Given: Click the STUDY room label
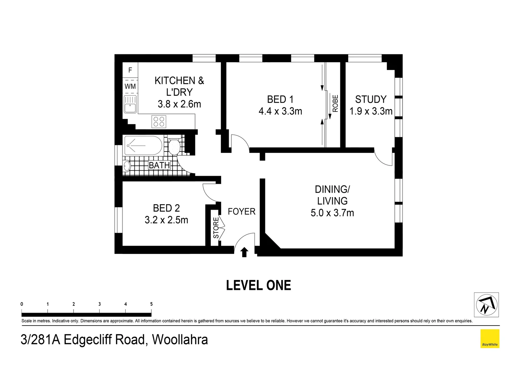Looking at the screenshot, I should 371,99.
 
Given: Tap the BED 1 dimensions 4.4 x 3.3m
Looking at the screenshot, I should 280,111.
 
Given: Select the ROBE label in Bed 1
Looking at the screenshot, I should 335,103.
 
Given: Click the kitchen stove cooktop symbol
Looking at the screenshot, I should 159,122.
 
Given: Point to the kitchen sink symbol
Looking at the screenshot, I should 130,104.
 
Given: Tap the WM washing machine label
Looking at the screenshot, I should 130,86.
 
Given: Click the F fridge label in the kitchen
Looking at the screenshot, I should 130,70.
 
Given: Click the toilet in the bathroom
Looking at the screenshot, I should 174,147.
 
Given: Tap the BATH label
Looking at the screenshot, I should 159,165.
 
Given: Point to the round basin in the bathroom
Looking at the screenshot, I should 127,166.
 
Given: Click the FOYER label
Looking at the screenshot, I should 241,211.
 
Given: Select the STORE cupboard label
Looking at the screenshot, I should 216,228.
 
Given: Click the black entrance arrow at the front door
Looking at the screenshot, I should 244,252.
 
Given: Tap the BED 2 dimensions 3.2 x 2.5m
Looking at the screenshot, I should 166,220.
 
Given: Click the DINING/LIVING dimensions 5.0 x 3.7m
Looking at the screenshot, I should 332,213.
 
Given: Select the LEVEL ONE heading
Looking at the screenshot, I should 258,285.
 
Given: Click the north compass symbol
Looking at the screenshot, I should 486,305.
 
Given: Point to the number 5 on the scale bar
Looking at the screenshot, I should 151,304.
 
